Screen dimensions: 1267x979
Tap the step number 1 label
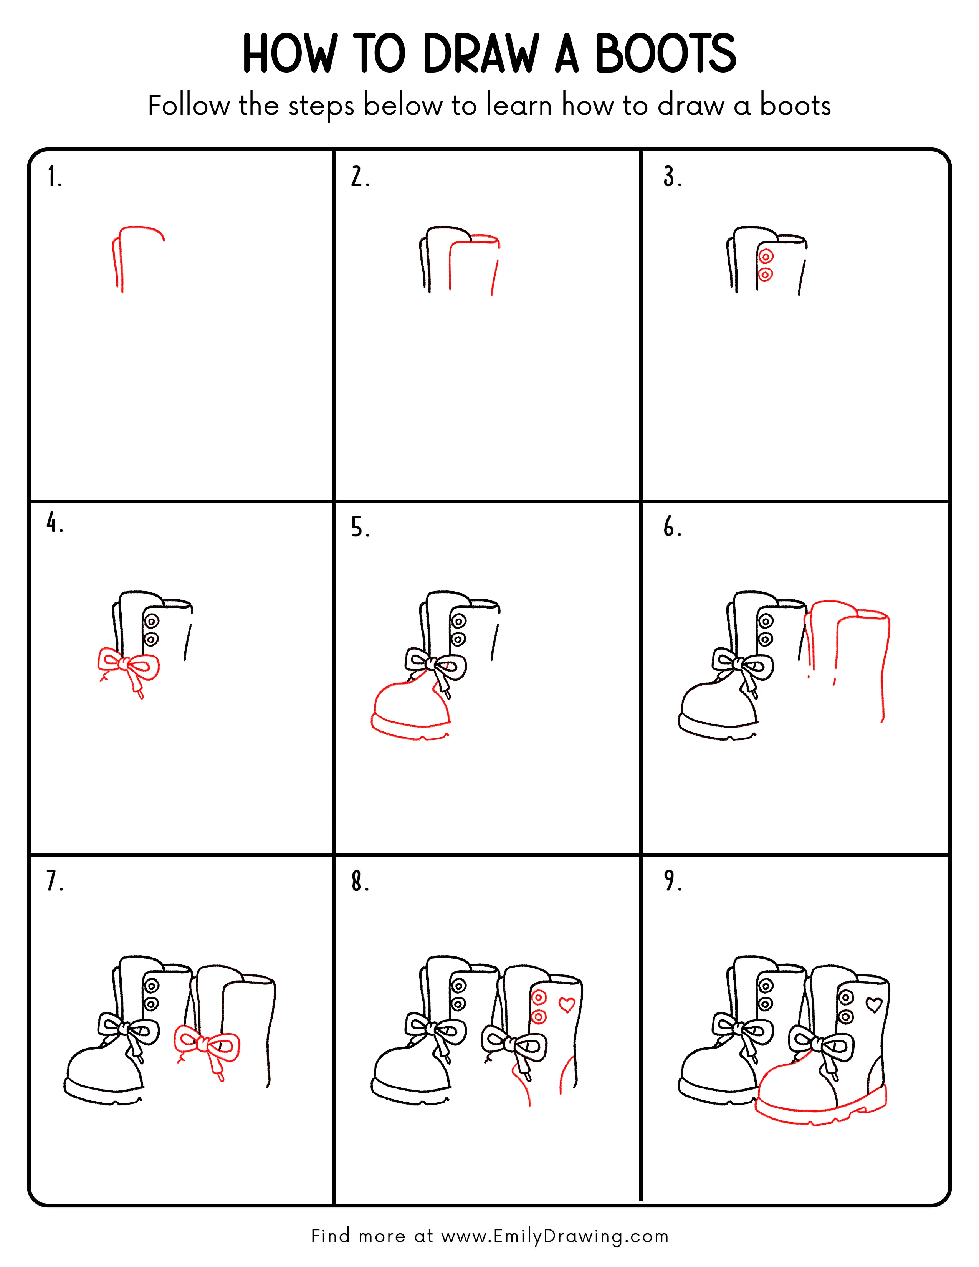pyautogui.click(x=54, y=177)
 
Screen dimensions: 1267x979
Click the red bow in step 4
pyautogui.click(x=129, y=667)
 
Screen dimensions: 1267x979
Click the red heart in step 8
pyautogui.click(x=567, y=1004)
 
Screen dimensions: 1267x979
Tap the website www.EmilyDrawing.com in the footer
pyautogui.click(x=554, y=1236)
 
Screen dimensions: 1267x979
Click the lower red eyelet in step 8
pyautogui.click(x=538, y=1016)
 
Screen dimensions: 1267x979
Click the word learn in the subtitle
pyautogui.click(x=519, y=106)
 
